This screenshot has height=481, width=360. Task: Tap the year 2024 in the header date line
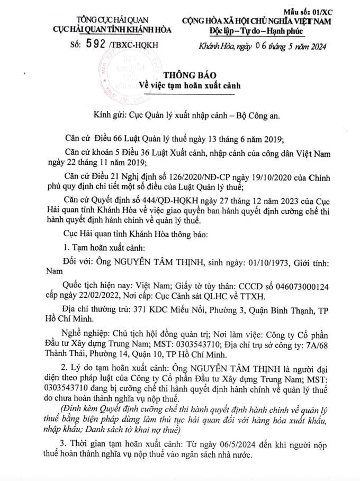coord(314,47)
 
